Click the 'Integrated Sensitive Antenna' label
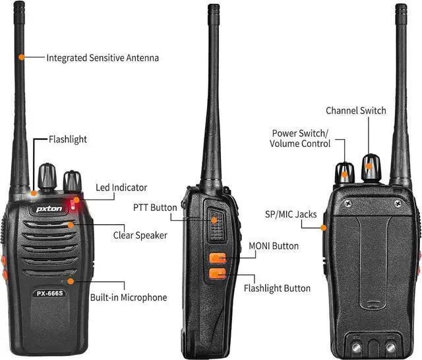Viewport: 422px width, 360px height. pos(102,58)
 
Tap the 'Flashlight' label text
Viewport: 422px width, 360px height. pos(68,140)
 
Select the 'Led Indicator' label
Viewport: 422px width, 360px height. pos(121,188)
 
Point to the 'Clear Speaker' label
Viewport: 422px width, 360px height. pos(140,234)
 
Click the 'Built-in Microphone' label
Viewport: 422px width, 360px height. pos(128,297)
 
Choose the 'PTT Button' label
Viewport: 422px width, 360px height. pos(155,208)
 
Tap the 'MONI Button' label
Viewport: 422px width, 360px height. pos(274,246)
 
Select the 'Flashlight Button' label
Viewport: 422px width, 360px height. pos(277,288)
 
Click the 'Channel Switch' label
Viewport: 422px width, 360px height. pos(356,111)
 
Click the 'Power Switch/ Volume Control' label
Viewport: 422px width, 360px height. pos(300,138)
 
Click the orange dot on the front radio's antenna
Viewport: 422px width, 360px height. pos(22,57)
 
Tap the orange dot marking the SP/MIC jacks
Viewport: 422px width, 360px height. pos(324,228)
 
